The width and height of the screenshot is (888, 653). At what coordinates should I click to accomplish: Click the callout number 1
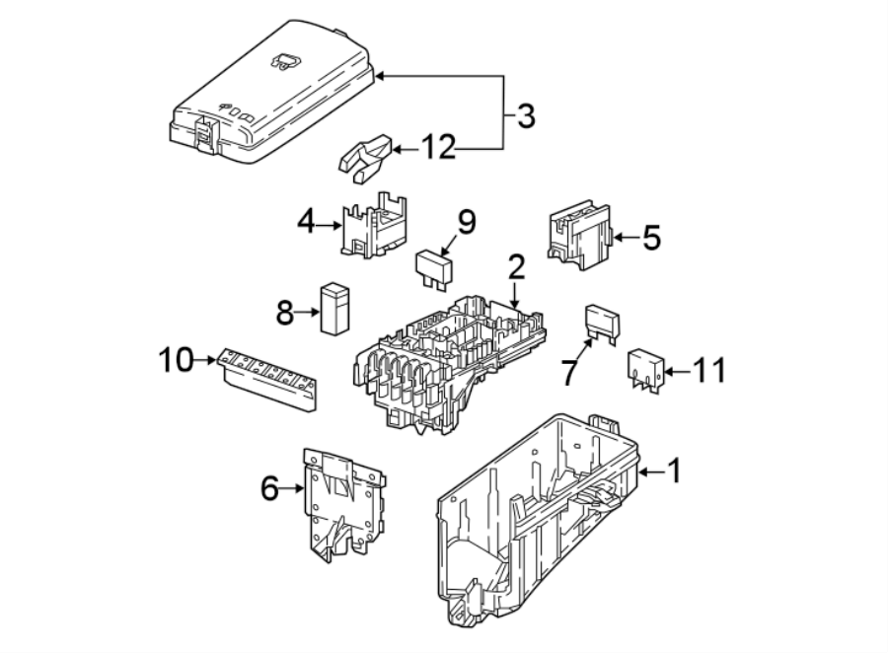coord(674,472)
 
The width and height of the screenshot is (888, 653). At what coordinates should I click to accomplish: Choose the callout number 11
coord(709,371)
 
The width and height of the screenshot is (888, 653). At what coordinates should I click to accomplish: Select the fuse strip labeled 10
coord(268,380)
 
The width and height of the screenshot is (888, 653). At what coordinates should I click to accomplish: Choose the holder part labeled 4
coord(376,227)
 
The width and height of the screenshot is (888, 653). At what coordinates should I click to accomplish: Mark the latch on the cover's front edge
coord(208,134)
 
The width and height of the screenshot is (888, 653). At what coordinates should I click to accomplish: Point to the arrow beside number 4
coord(330,225)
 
